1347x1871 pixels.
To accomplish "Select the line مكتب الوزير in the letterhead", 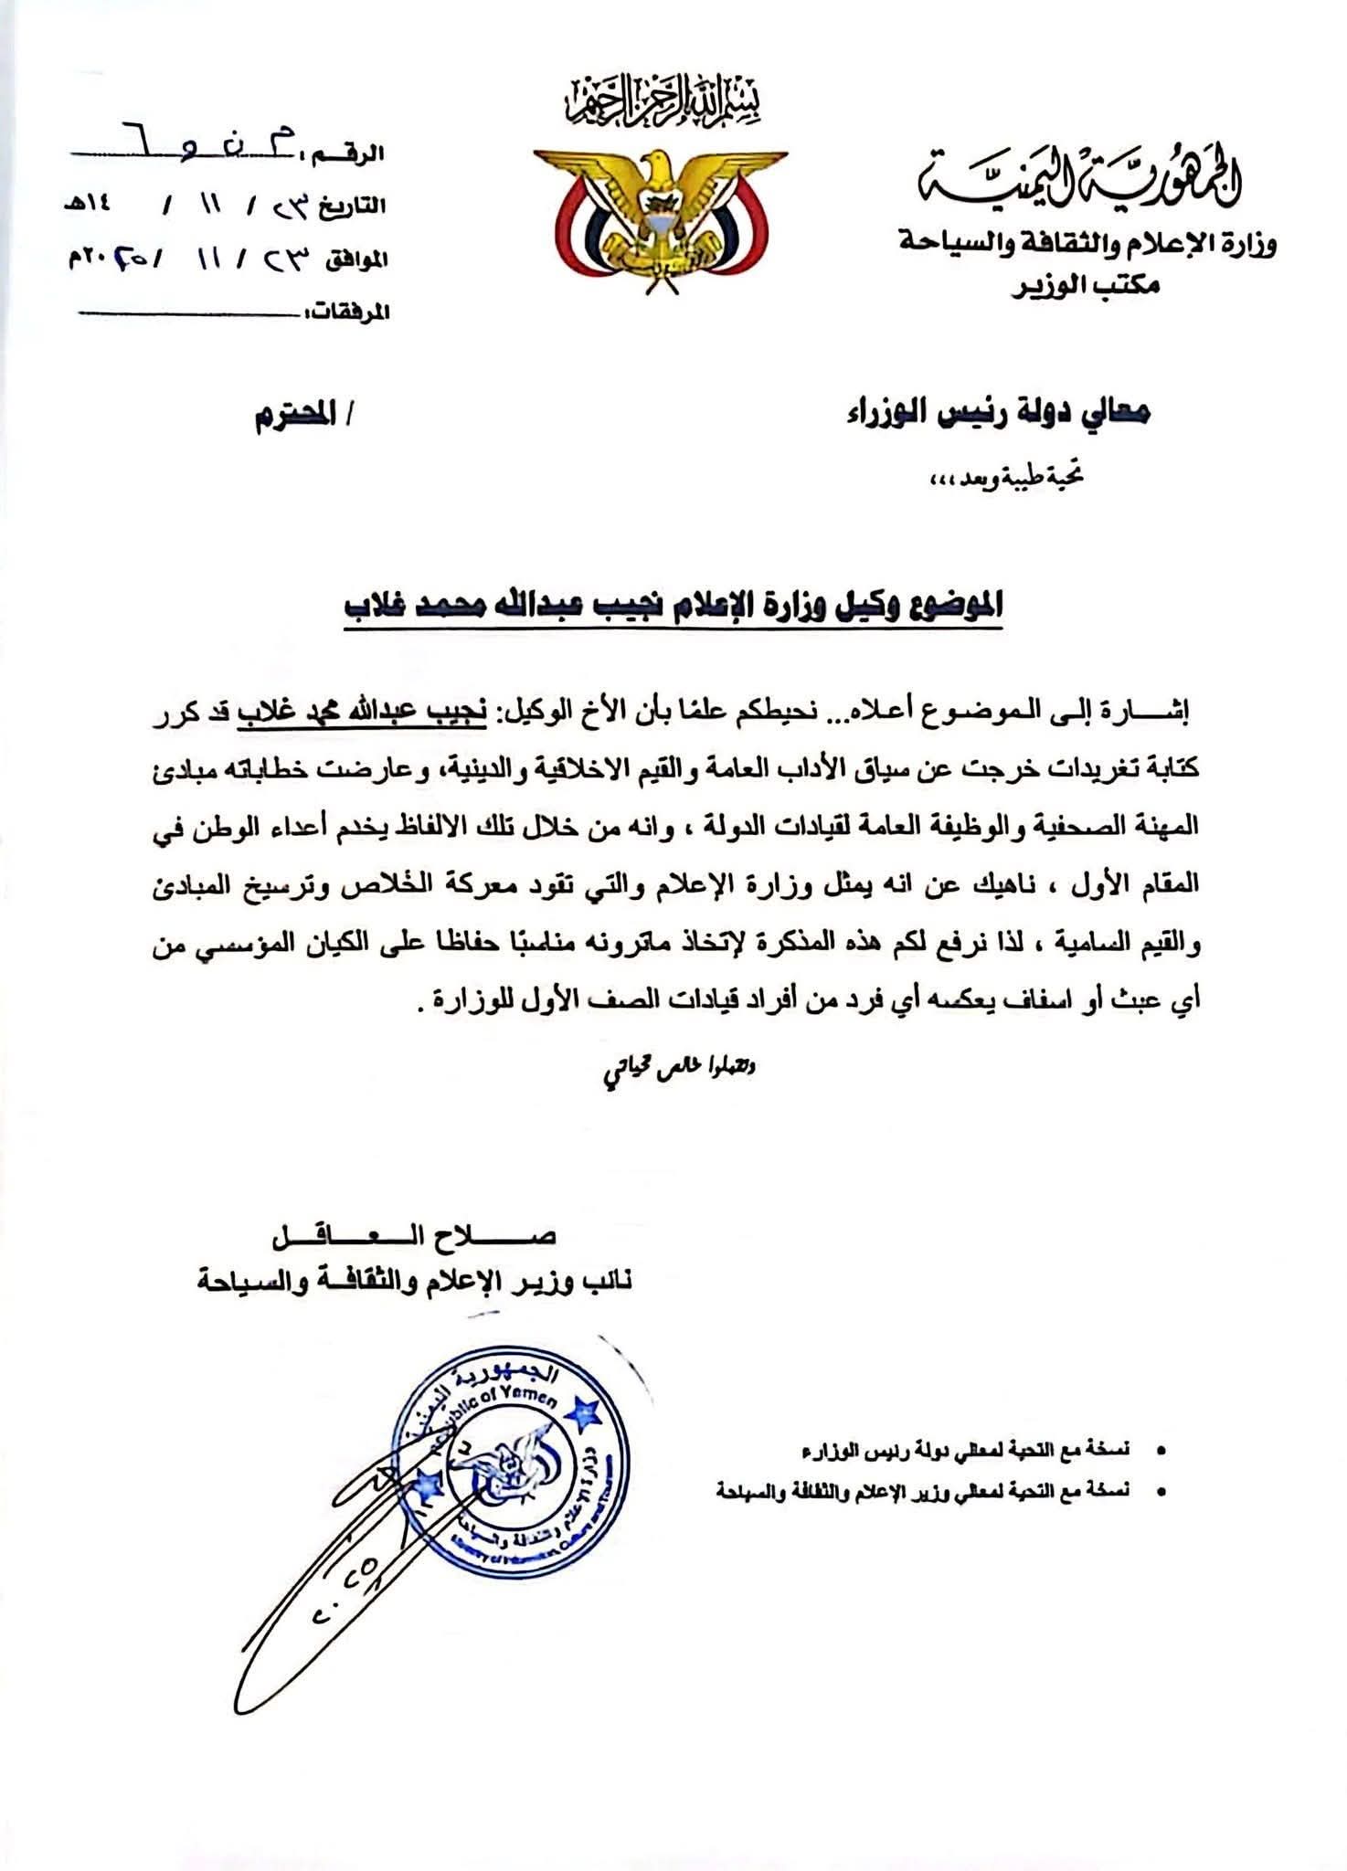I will coord(1087,286).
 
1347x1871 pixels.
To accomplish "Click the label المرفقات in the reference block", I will coord(352,313).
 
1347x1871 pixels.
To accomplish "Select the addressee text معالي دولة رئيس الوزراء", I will coord(995,415).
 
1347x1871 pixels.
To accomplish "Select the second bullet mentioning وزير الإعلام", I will coord(923,1491).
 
